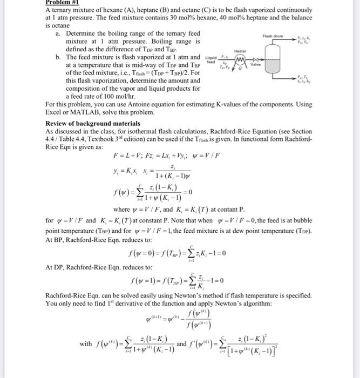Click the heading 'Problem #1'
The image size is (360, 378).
(64, 2)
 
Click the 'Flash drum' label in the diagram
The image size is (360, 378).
(272, 36)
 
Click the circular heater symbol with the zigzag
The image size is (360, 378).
(235, 57)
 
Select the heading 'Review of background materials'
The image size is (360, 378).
(93, 123)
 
